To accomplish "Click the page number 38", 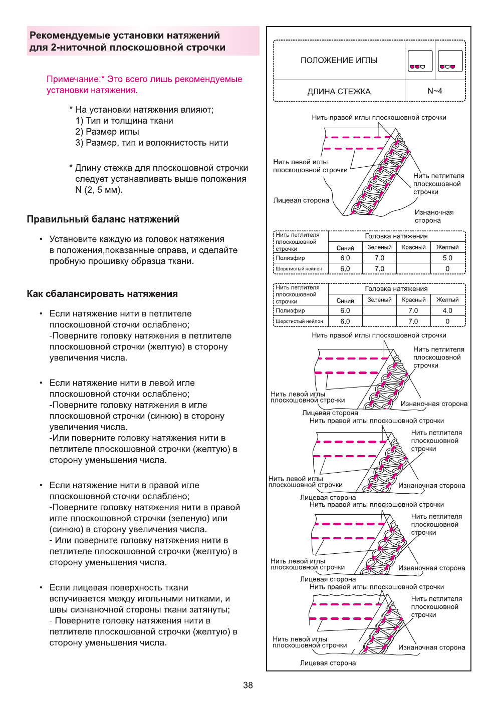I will (x=247, y=685).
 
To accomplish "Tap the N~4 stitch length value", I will (x=434, y=91).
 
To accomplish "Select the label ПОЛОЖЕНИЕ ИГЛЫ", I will (x=339, y=60).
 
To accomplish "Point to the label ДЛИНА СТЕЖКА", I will (x=339, y=92).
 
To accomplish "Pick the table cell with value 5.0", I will (x=447, y=258).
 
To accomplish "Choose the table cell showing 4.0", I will (x=447, y=310).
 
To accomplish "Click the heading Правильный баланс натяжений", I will (x=103, y=219).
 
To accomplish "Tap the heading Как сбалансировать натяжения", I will (x=102, y=294).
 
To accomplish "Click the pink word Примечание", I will (x=73, y=79).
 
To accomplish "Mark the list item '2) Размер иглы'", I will (x=107, y=132).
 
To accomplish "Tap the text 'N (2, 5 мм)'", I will (x=98, y=190).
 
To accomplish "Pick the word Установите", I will (x=73, y=239).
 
